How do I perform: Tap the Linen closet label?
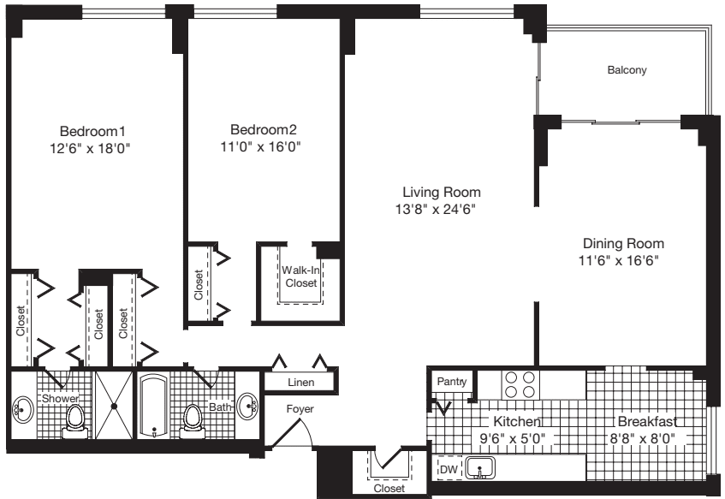(299, 382)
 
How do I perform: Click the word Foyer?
(300, 409)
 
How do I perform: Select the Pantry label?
(451, 381)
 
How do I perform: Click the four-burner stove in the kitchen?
(520, 383)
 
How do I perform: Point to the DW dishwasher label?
(449, 469)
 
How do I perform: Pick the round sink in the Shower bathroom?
(21, 409)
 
